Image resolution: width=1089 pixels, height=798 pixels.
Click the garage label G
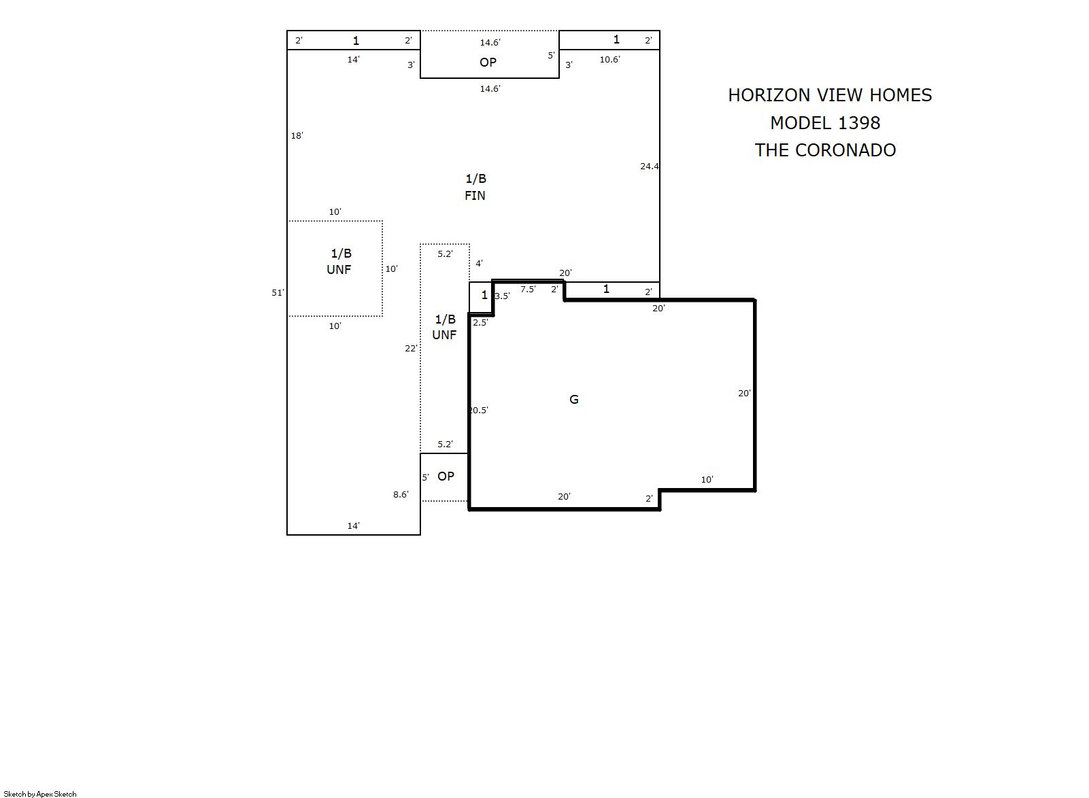(x=573, y=399)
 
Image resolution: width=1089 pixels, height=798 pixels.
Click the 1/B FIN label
(x=475, y=187)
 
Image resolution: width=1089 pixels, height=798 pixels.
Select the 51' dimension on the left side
(x=278, y=292)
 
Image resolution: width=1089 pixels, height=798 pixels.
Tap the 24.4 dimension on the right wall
(x=650, y=166)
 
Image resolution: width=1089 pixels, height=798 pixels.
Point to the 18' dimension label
(x=297, y=135)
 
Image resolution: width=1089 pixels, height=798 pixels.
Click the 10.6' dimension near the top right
(x=609, y=59)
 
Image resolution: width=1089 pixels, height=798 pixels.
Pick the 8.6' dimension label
(x=401, y=494)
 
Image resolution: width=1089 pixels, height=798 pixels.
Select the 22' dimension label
(x=411, y=348)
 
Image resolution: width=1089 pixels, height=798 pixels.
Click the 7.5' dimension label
(x=528, y=289)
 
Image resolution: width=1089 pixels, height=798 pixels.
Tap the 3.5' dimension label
(x=502, y=296)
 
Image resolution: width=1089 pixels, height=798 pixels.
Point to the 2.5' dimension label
(x=480, y=322)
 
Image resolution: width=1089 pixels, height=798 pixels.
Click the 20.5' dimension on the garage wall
(x=478, y=410)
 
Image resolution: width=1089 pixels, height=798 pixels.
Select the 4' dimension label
(x=479, y=263)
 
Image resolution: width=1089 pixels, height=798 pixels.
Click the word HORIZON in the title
(x=769, y=94)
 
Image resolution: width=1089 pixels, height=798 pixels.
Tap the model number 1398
(x=859, y=122)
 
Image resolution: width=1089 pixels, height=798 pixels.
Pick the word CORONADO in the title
(x=845, y=150)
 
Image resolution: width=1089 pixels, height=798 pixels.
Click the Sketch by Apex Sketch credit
(x=40, y=794)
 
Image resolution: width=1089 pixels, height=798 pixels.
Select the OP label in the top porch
(x=488, y=62)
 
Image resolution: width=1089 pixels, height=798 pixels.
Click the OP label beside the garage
(x=446, y=476)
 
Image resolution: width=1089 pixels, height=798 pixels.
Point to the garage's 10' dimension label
(x=707, y=479)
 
